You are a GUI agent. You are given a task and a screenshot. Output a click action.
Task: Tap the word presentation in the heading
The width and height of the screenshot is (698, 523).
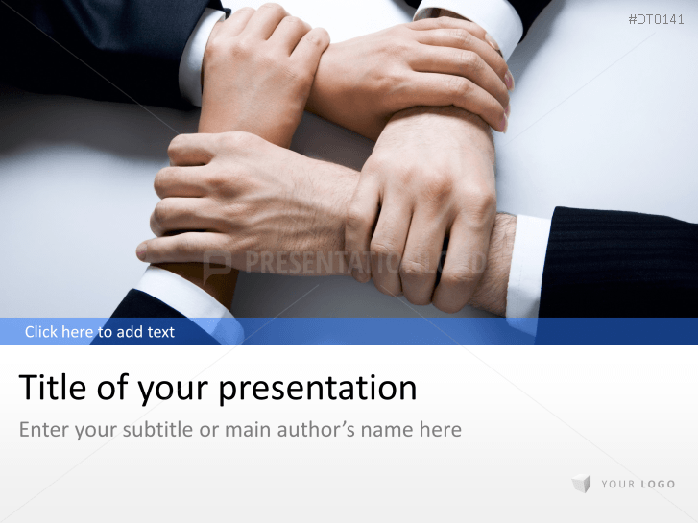[x=318, y=390]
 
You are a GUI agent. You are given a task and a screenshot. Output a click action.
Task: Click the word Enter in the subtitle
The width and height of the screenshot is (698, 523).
[x=43, y=429]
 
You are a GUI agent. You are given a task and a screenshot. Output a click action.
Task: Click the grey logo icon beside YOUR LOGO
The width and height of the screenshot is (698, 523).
[x=581, y=484]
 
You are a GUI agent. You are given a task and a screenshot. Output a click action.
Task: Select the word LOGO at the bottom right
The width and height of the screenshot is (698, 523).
[x=658, y=485]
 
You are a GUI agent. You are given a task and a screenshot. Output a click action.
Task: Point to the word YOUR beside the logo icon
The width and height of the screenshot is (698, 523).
[x=618, y=485]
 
